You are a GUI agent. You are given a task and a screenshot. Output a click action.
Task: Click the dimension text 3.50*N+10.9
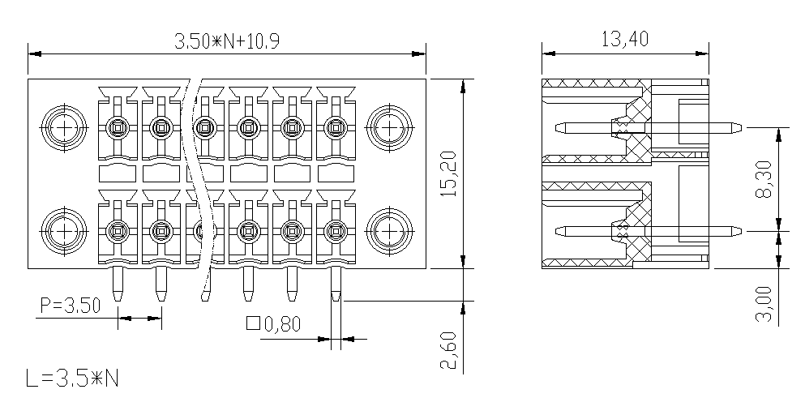pyautogui.click(x=227, y=41)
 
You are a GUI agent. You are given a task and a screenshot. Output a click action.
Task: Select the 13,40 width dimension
pyautogui.click(x=625, y=39)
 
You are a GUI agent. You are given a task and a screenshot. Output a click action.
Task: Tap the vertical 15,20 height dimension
pyautogui.click(x=447, y=173)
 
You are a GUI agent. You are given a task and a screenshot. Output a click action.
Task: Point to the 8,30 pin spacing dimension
pyautogui.click(x=764, y=179)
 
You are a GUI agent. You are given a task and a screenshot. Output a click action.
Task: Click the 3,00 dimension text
pyautogui.click(x=764, y=303)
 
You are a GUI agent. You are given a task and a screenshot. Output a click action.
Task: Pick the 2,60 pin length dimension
pyautogui.click(x=447, y=350)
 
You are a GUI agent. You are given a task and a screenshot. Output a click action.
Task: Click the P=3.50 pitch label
pyautogui.click(x=71, y=306)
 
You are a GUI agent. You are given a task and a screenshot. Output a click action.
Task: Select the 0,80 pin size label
pyautogui.click(x=282, y=324)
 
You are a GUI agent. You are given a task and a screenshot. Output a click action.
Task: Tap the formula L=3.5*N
pyautogui.click(x=72, y=379)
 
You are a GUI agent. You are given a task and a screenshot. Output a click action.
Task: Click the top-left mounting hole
pyautogui.click(x=64, y=128)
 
